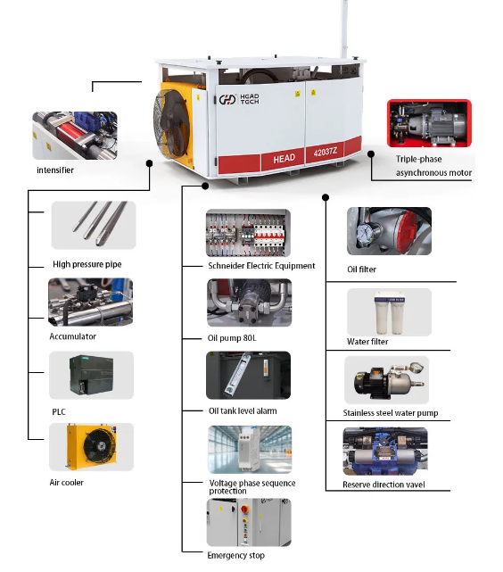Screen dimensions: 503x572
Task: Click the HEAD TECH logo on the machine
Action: click(239, 99)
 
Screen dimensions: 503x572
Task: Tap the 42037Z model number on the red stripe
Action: click(326, 152)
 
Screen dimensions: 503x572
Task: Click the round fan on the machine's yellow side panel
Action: click(169, 123)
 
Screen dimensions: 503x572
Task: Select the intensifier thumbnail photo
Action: click(75, 136)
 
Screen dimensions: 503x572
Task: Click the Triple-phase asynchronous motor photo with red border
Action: click(429, 123)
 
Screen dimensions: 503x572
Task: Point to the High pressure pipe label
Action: click(87, 264)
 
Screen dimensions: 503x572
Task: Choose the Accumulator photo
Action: click(90, 302)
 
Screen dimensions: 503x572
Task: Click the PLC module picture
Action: click(92, 375)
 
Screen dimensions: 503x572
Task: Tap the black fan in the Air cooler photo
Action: click(100, 445)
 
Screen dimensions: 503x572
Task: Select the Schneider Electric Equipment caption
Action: click(261, 266)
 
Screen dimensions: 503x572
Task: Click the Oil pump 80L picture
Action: click(250, 303)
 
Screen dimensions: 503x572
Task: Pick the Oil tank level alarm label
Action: click(243, 410)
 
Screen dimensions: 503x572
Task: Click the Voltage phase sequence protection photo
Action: click(250, 450)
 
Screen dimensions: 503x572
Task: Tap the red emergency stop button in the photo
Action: click(245, 509)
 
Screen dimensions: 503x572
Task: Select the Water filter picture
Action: click(389, 312)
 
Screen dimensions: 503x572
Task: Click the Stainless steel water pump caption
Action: click(391, 413)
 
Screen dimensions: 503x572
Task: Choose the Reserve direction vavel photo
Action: click(385, 452)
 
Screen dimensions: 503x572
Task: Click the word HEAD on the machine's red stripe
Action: click(284, 159)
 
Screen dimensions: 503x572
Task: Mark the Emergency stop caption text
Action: click(235, 555)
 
